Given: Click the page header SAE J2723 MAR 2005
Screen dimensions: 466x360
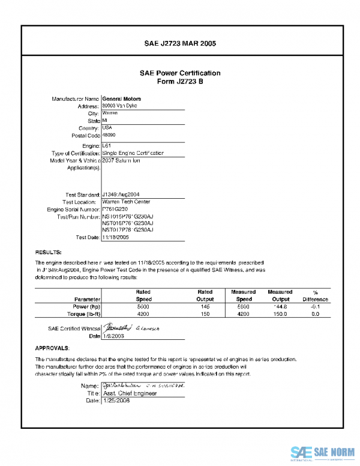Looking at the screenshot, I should (180, 44).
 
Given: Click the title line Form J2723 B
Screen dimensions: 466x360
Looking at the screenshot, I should (180, 82).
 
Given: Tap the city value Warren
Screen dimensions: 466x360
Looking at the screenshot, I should (110, 113).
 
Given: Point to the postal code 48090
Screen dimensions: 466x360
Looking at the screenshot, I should (110, 136).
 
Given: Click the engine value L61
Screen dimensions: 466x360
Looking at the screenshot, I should (107, 146).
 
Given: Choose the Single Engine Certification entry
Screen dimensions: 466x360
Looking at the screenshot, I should (133, 154).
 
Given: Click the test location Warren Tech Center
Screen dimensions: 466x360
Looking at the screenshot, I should (127, 202).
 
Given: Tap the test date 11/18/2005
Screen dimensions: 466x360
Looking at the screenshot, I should (116, 237).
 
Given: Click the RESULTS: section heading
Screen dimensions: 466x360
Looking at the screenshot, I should (49, 252).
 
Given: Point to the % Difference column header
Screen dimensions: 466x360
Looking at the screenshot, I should (315, 295).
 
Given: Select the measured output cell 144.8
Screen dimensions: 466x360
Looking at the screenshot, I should (280, 306).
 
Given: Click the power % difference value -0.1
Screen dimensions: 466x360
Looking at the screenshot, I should (315, 306).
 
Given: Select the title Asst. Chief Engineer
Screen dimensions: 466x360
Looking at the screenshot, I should (130, 393).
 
